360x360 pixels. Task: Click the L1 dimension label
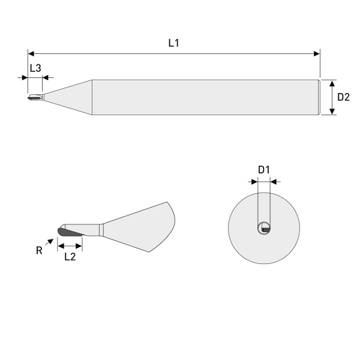[x=173, y=43]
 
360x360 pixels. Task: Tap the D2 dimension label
[x=343, y=97]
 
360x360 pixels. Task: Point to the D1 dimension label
[x=264, y=170]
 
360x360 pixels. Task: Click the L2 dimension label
[x=70, y=256]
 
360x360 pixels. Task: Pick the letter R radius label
[x=40, y=250]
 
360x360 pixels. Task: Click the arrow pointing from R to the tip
[x=49, y=241]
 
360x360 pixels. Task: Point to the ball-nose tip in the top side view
[x=31, y=97]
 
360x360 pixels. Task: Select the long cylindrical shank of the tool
[x=204, y=97]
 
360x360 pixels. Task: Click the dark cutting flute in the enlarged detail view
[x=67, y=233]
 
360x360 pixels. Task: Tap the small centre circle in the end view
[x=264, y=228]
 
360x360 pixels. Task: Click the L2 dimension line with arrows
[x=70, y=245]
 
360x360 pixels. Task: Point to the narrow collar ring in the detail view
[x=101, y=230]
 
